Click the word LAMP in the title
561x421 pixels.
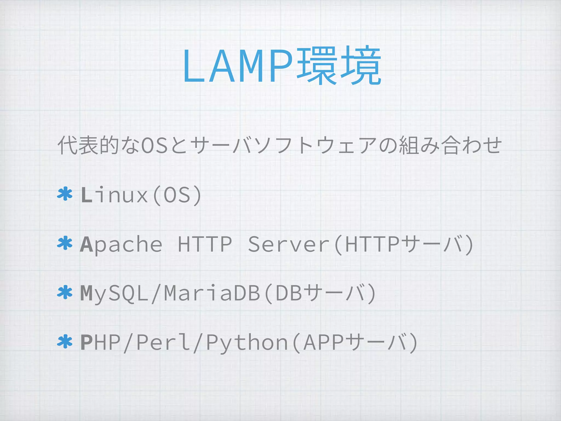[x=238, y=66]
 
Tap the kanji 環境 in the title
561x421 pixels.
[x=339, y=66]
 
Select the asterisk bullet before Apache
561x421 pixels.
[x=65, y=243]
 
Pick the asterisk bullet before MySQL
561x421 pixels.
[x=65, y=293]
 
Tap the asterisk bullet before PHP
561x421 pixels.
[x=65, y=342]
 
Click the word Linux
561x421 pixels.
[x=115, y=195]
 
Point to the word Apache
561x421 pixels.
[x=121, y=244]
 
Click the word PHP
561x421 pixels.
[x=101, y=342]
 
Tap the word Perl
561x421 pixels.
[x=163, y=342]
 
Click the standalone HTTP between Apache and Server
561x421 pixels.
[x=205, y=244]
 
